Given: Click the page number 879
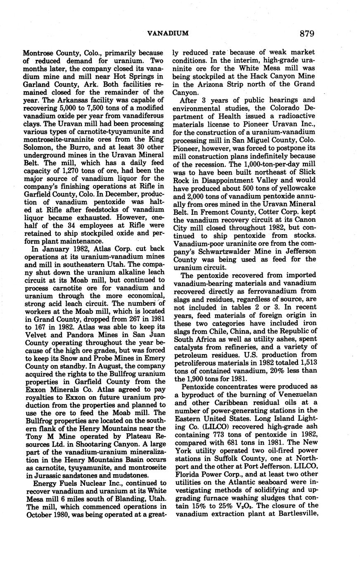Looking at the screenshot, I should (x=308, y=33).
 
